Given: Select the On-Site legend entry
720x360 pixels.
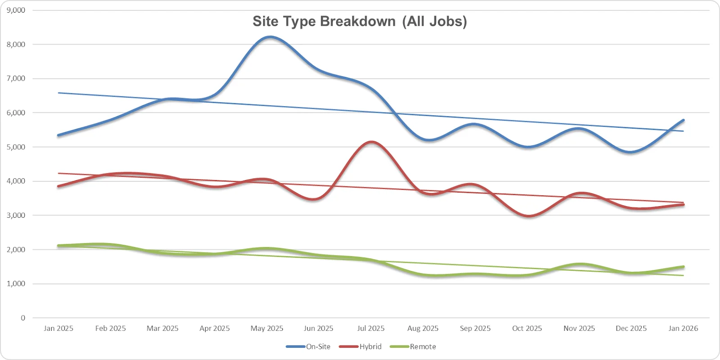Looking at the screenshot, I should coord(308,346).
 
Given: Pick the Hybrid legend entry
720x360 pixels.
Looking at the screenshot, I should coord(360,346).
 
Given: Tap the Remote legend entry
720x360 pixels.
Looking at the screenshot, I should coord(413,346).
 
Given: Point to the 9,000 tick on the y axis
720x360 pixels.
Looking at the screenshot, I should coord(16,10).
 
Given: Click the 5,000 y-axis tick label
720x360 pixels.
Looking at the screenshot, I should coord(16,147).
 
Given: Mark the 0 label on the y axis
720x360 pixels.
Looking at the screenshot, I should coord(23,318).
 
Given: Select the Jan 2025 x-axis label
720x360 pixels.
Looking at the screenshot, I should coord(58,328).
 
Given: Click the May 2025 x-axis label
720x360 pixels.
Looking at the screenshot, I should coord(267,328).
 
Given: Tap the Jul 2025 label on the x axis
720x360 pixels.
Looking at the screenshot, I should coord(371,328).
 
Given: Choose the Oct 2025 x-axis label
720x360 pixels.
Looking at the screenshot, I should coord(527,328).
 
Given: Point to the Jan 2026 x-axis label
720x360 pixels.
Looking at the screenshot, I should coord(683,328).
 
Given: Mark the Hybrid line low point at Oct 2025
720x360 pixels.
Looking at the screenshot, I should coord(528,216).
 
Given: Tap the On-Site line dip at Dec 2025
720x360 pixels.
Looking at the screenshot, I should coord(631,152).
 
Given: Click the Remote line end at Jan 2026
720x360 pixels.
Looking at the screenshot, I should coord(683,267).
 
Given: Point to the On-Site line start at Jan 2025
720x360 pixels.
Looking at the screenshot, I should coord(58,135).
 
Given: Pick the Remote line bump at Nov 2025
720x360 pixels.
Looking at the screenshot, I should coord(580,264).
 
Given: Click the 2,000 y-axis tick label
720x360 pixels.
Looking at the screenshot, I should coord(16,249).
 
